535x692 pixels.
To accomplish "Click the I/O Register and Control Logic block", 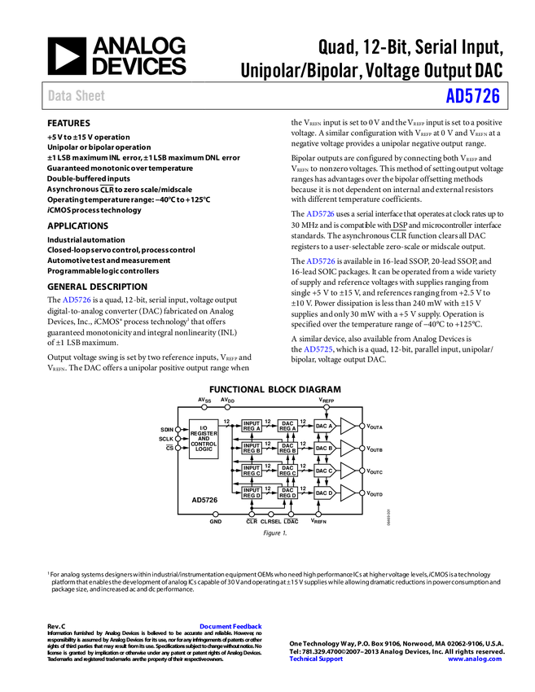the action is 204,439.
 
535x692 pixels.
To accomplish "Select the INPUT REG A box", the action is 252,426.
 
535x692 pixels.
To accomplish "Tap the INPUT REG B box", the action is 252,448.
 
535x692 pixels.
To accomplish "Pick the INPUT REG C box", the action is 252,471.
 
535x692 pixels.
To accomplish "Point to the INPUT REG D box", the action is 252,493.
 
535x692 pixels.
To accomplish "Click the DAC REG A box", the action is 287,426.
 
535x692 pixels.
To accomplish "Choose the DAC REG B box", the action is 287,448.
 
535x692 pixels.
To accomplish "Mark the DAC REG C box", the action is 287,471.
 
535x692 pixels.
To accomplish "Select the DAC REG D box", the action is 287,493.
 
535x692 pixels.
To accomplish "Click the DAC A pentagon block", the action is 325,426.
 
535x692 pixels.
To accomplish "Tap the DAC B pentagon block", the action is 325,448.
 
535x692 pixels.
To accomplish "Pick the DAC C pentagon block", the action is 325,471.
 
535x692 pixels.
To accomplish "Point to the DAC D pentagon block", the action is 325,493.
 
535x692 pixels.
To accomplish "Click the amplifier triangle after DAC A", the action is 347,426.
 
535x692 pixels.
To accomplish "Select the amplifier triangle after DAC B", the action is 347,448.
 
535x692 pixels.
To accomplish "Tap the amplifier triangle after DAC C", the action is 347,471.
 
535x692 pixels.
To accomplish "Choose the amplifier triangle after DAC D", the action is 347,493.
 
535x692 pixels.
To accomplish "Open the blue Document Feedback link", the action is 231,626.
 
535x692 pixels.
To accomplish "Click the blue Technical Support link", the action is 316,659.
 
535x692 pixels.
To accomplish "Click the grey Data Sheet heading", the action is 77,96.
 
